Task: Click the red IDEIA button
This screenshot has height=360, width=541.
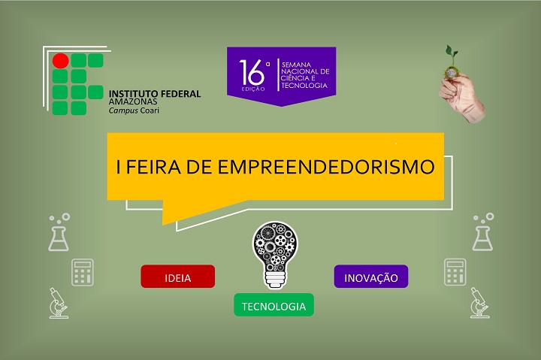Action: [177, 276]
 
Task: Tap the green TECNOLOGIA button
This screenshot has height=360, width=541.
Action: [274, 305]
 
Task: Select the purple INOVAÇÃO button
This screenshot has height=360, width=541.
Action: [371, 276]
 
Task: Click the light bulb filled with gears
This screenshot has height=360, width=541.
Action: [275, 255]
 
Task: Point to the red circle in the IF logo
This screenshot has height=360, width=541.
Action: [60, 60]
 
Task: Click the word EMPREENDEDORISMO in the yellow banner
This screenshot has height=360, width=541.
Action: [325, 167]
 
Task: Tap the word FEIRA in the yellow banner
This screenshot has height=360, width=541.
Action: [153, 167]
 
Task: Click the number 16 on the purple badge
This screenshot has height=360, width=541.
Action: [252, 72]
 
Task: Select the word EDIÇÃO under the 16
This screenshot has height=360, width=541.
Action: [253, 89]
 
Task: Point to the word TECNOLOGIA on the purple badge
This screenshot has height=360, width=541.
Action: [304, 85]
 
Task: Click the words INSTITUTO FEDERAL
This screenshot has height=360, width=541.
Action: [155, 93]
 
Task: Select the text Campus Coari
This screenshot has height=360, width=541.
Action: [134, 110]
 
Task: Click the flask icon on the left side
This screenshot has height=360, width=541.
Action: [59, 232]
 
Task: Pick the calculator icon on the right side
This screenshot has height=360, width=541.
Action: [455, 272]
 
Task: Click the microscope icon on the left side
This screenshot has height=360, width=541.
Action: [59, 303]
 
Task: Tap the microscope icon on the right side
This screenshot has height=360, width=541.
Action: [479, 302]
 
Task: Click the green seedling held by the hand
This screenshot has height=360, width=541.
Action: [452, 55]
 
